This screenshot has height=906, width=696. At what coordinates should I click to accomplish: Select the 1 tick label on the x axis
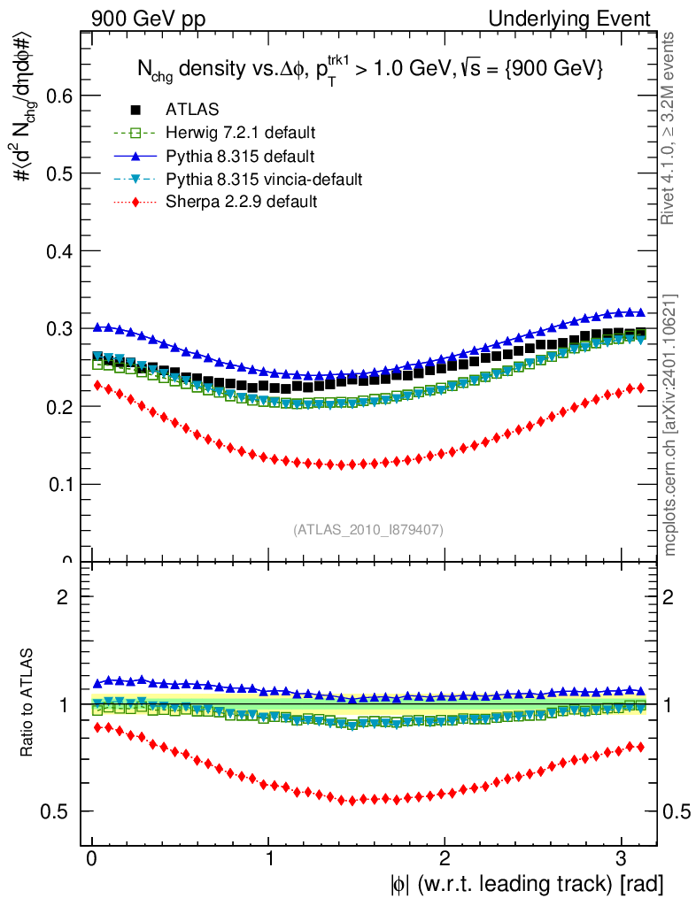click(269, 857)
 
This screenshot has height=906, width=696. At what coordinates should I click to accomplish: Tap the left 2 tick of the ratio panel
click(63, 597)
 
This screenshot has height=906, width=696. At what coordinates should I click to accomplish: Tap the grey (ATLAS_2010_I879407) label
click(368, 529)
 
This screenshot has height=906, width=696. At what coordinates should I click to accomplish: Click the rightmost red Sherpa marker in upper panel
click(640, 388)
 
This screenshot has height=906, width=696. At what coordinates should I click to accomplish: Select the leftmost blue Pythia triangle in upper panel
click(97, 327)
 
